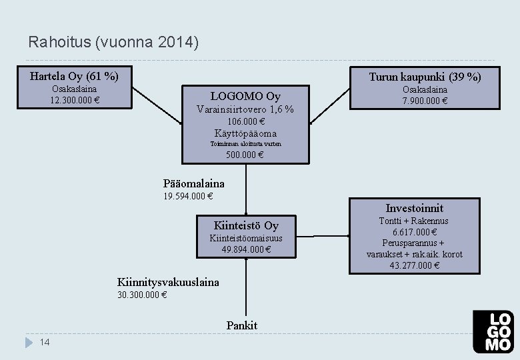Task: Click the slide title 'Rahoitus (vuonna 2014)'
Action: [x=113, y=43]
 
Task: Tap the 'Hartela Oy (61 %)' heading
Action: [x=74, y=75]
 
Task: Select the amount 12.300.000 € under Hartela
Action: [x=74, y=101]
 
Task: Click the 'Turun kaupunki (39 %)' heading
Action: [x=425, y=77]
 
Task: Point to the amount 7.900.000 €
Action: [x=425, y=101]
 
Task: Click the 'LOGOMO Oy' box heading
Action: [x=245, y=96]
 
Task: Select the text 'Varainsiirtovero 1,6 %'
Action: [x=245, y=109]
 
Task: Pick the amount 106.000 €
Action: [x=245, y=121]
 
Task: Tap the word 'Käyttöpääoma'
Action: [x=245, y=133]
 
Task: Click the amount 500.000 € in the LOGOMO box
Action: [x=245, y=155]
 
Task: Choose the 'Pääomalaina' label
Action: [x=194, y=183]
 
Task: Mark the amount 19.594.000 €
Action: [x=188, y=196]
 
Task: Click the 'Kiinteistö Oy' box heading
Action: [x=246, y=225]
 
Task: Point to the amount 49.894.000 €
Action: [x=246, y=249]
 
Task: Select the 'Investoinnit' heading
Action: [x=414, y=208]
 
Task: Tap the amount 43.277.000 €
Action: [x=414, y=265]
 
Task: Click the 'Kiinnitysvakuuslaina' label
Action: [x=168, y=282]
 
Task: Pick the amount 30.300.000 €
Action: [x=142, y=295]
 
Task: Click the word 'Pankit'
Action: [x=241, y=325]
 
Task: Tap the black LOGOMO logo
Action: [x=493, y=331]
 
